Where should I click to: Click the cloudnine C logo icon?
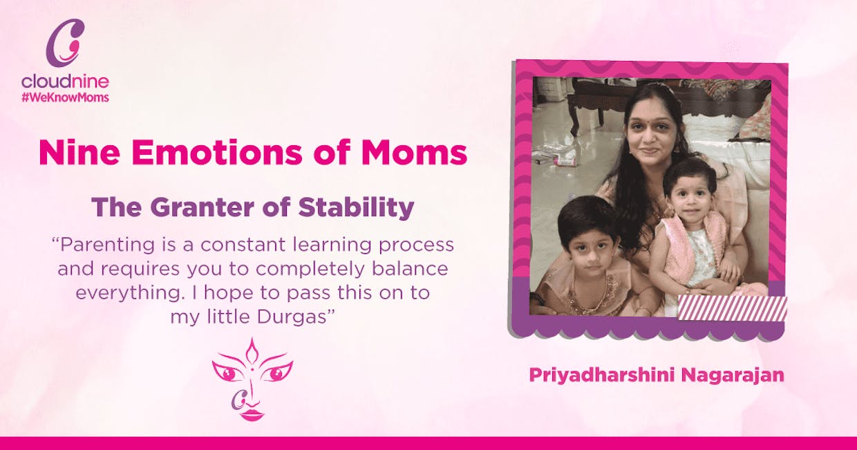point(65,43)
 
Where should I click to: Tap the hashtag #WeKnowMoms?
point(65,97)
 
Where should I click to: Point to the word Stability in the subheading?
point(356,208)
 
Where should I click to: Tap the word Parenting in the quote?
point(106,245)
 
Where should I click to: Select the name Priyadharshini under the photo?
point(602,375)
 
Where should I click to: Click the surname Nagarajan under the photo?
point(733,375)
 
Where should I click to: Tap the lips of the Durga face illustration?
point(252,415)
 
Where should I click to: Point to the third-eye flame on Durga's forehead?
point(252,351)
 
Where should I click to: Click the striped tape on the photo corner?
point(733,308)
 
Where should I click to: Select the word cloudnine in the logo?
point(65,82)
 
